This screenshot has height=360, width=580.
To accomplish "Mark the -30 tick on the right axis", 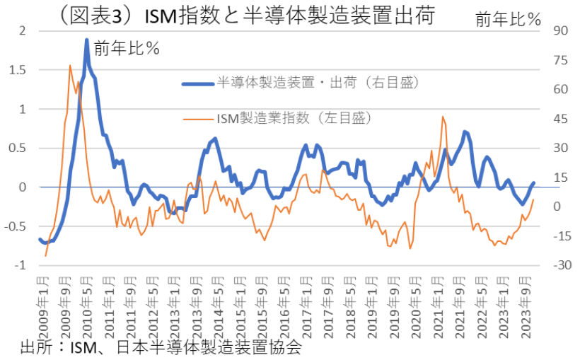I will click(543, 265).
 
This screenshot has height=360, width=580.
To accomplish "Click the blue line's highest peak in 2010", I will click(86, 40).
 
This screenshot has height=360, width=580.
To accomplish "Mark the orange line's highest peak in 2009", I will click(70, 66).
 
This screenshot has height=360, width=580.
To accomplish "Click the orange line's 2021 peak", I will click(443, 117).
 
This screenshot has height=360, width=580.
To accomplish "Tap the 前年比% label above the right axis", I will click(508, 19).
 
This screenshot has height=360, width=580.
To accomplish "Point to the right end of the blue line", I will click(533, 182).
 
